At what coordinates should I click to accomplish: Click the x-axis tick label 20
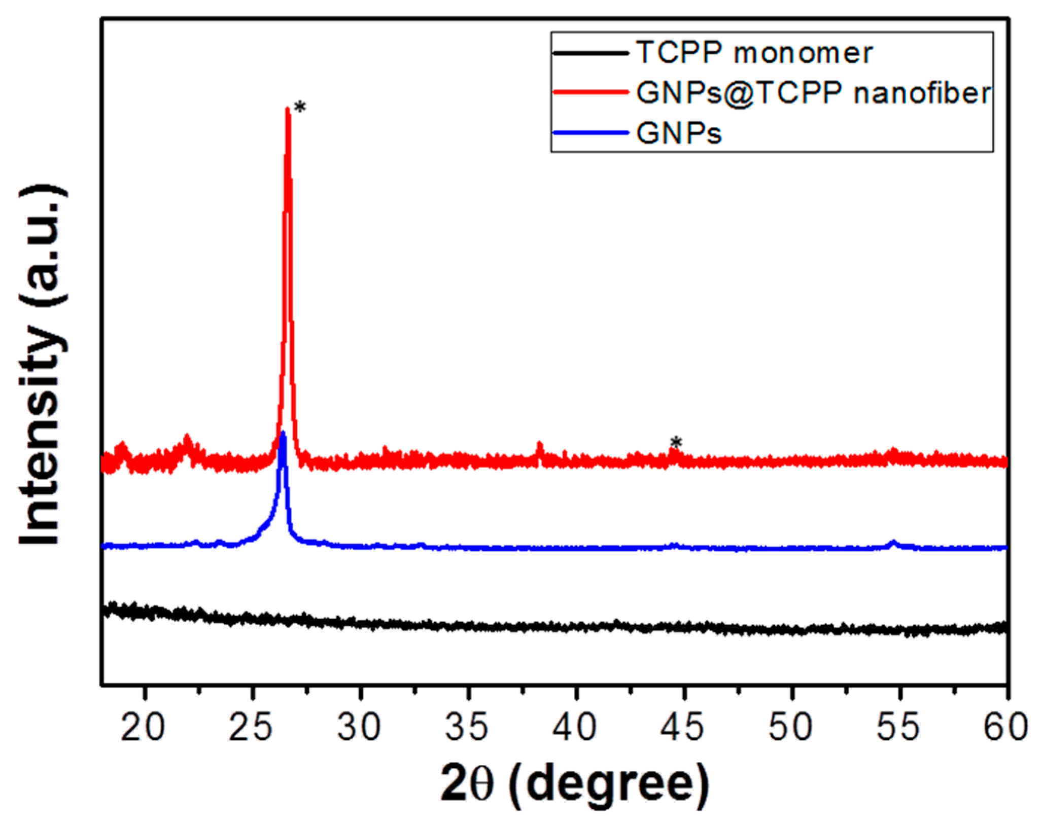coord(144,727)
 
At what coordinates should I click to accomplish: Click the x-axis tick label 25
coord(251,727)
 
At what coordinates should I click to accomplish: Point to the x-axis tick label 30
coord(359,727)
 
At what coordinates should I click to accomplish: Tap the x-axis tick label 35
coord(467,727)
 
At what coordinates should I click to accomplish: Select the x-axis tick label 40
coord(575,727)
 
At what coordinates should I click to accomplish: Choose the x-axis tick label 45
coord(683,727)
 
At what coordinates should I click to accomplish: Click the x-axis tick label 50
coord(790,727)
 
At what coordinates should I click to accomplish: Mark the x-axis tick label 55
coord(898,727)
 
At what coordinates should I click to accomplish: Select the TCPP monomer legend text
coord(754,53)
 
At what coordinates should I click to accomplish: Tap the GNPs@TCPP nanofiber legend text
coord(813,93)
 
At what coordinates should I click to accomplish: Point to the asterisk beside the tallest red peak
coord(300,107)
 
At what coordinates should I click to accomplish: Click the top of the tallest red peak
coord(288,109)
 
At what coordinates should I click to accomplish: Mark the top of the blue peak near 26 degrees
coord(283,434)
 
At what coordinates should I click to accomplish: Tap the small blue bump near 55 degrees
coord(893,543)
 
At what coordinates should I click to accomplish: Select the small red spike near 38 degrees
coord(539,445)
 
